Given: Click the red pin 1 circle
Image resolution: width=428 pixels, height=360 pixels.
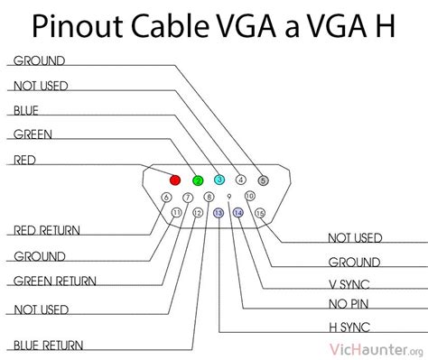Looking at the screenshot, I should coord(176,180).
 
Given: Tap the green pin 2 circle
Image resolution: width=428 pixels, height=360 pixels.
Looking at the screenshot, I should coord(198,180).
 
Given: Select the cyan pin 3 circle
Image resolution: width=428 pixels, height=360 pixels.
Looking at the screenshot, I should coord(219,180).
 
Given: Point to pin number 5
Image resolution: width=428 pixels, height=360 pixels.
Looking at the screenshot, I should coord(263,180).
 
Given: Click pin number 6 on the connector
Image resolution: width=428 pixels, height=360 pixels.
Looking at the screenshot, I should coord(165,197).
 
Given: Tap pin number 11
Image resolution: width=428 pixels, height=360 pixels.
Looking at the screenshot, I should coord(176,214).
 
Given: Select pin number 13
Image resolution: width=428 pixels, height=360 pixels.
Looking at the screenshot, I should coord(219,214).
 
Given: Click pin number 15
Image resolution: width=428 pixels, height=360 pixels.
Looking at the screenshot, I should coord(261,214).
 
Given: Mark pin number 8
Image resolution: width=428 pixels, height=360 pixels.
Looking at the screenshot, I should coord(209,197).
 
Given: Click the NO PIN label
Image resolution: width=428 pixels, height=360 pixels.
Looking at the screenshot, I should coord(350,303).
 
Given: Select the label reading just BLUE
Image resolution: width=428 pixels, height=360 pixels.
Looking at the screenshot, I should coord(25,111).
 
